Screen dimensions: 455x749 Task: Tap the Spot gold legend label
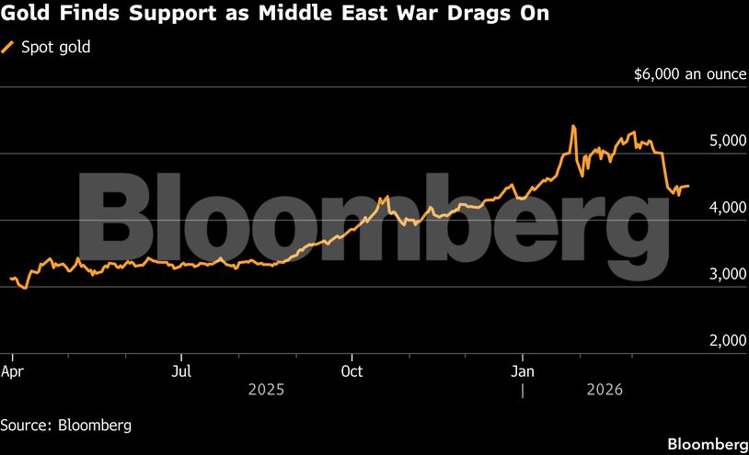point(55,47)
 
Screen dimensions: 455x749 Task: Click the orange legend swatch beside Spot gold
point(8,47)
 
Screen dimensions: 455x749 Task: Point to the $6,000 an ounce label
point(690,74)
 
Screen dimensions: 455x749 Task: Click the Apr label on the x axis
point(12,371)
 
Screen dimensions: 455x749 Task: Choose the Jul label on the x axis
point(182,371)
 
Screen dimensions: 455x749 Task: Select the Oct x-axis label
point(352,371)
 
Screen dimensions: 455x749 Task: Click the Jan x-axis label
point(523,371)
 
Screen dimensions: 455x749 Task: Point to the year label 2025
point(267,390)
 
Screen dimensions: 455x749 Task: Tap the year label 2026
point(604,390)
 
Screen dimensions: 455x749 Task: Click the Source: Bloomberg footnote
point(65,426)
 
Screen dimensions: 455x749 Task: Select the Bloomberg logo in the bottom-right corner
point(706,444)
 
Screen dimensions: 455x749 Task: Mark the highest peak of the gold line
point(573,126)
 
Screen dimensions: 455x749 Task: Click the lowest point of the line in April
point(25,288)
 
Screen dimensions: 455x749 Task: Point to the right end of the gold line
point(689,186)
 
